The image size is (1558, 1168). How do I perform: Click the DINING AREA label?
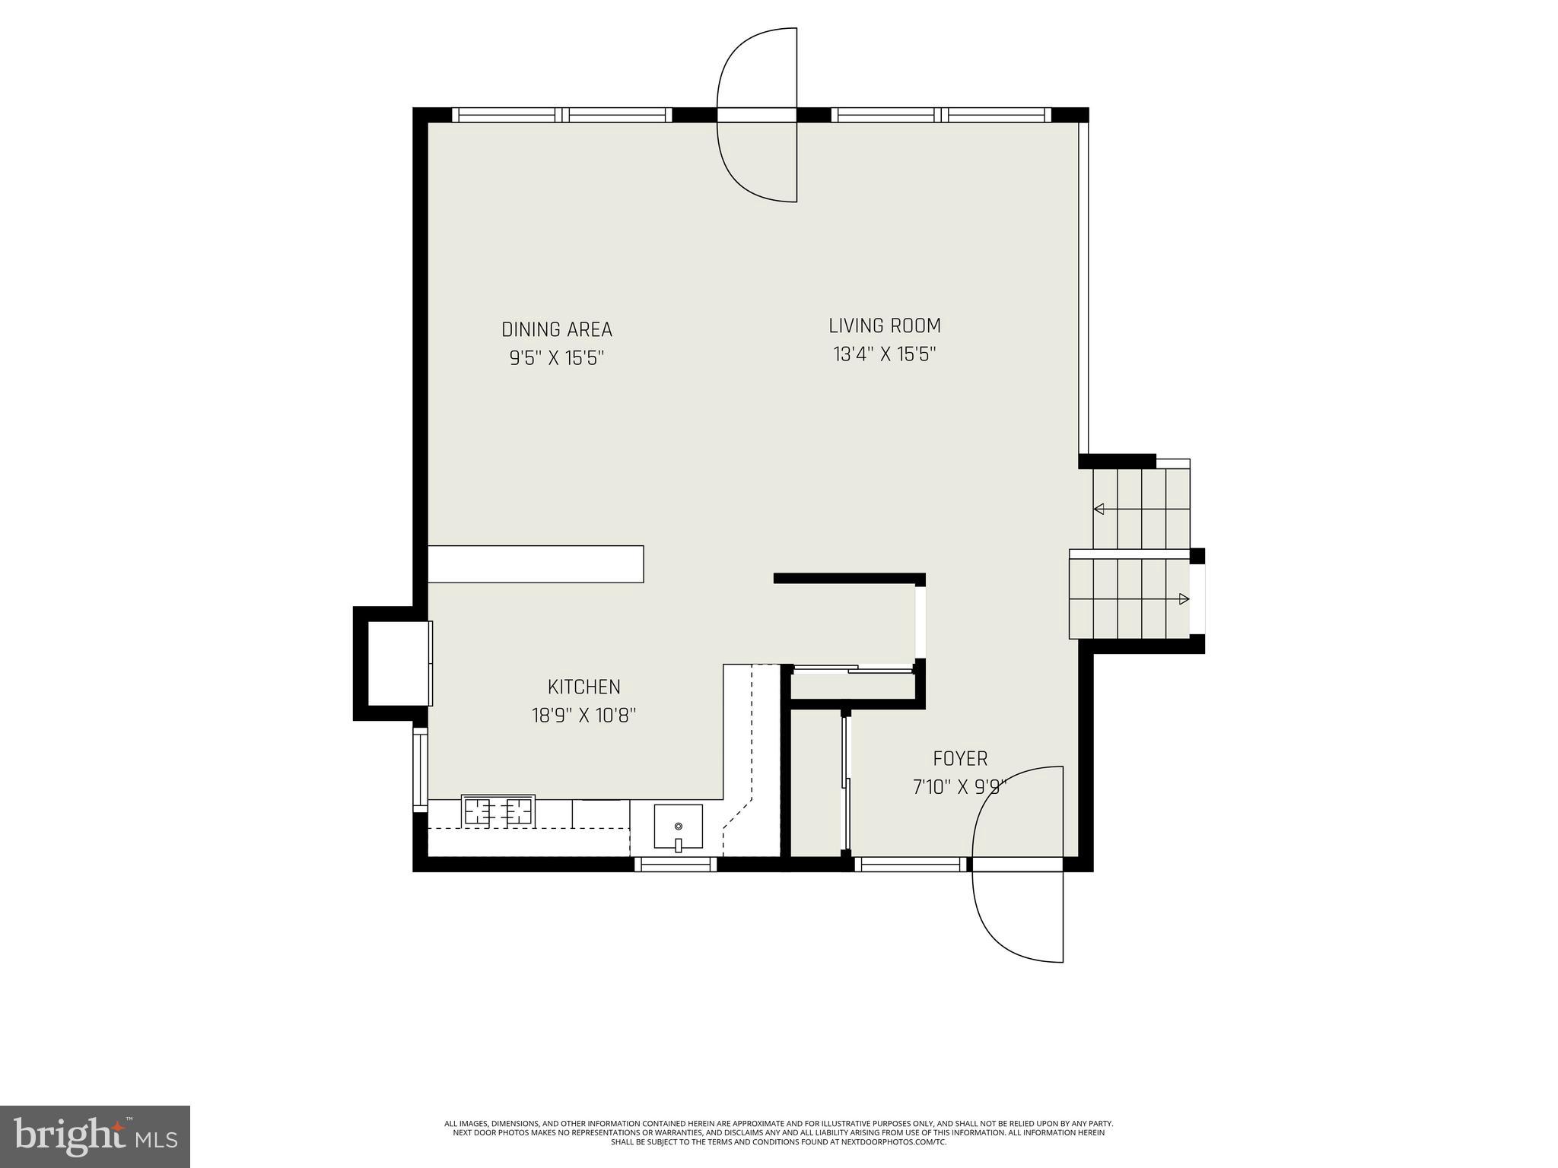pyautogui.click(x=557, y=329)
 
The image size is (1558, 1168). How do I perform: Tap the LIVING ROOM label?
pyautogui.click(x=884, y=325)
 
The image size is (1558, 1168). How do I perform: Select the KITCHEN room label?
pyautogui.click(x=584, y=687)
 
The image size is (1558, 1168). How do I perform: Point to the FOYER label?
pyautogui.click(x=960, y=758)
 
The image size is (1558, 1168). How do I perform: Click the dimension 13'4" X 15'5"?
pyautogui.click(x=884, y=354)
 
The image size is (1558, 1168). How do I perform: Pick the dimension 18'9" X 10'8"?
pyautogui.click(x=584, y=716)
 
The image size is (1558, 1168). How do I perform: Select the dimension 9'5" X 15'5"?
pyautogui.click(x=557, y=358)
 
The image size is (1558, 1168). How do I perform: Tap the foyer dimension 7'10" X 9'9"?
pyautogui.click(x=960, y=787)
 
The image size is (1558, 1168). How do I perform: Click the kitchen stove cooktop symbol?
pyautogui.click(x=498, y=811)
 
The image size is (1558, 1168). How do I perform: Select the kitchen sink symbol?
pyautogui.click(x=678, y=827)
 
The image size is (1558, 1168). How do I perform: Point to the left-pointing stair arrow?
pyautogui.click(x=1099, y=509)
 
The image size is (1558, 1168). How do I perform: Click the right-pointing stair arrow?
pyautogui.click(x=1183, y=599)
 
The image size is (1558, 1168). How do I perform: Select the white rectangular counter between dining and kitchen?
pyautogui.click(x=536, y=564)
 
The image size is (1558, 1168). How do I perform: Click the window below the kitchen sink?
pyautogui.click(x=676, y=865)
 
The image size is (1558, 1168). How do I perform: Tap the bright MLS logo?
pyautogui.click(x=95, y=1136)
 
